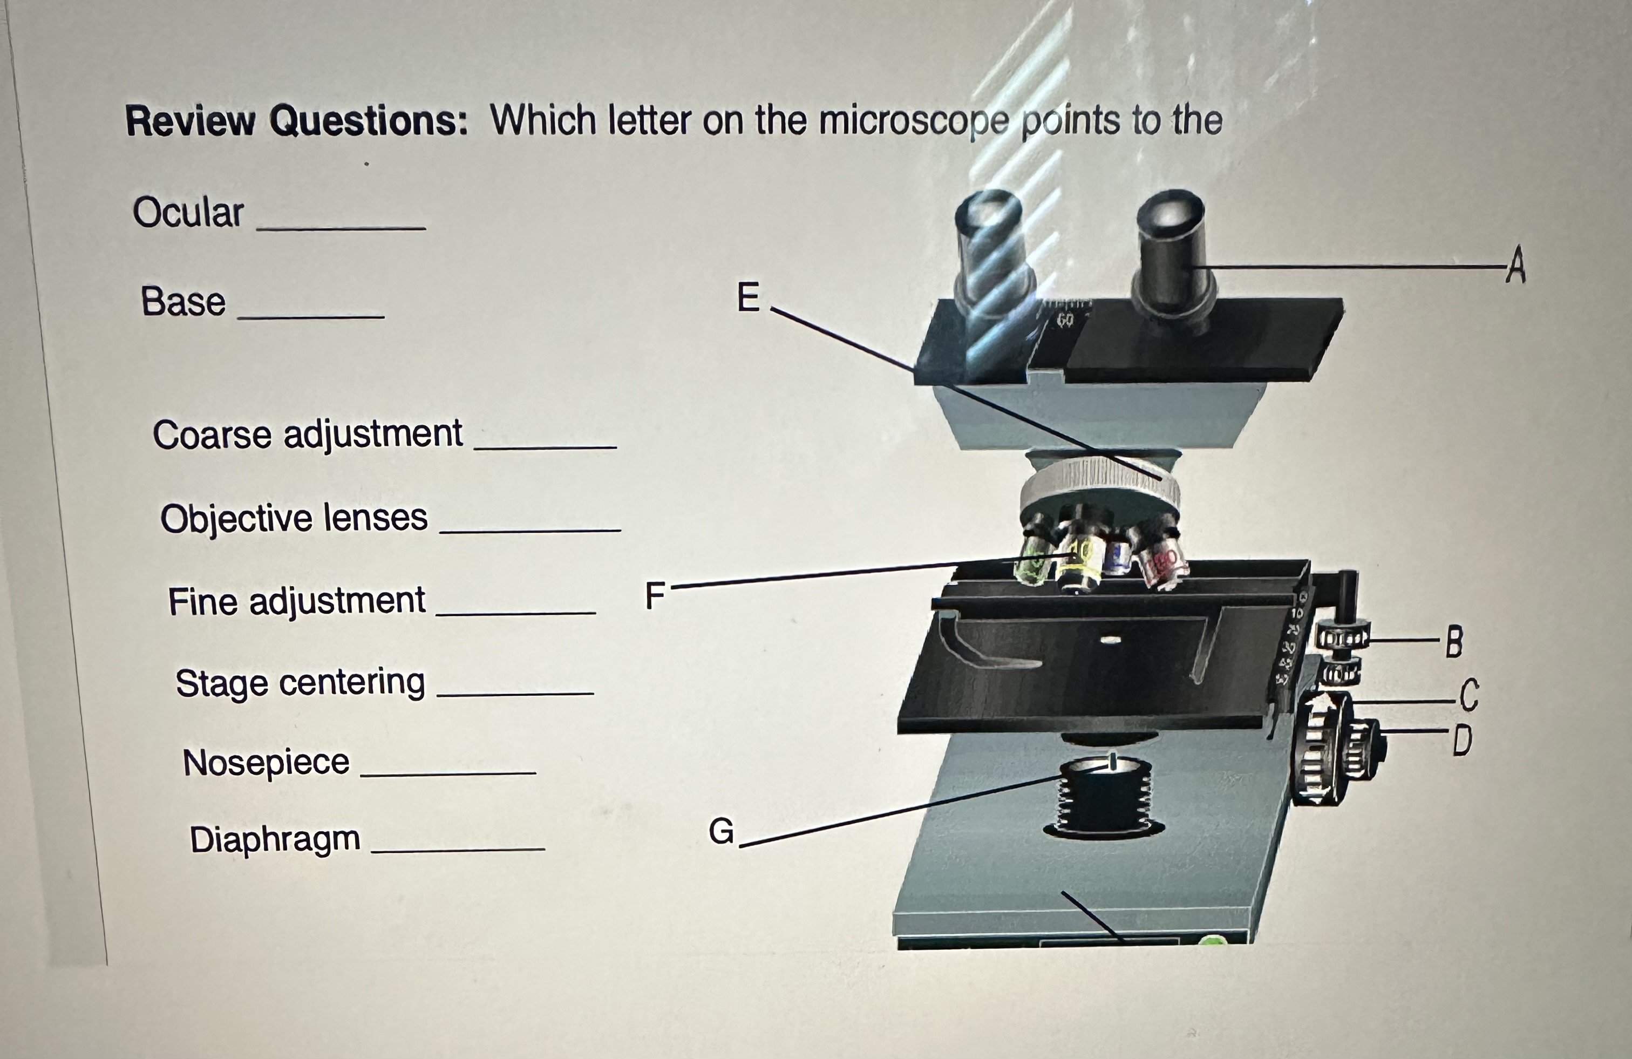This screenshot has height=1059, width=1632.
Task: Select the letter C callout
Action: tap(1468, 696)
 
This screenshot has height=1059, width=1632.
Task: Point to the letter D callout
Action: tap(1462, 740)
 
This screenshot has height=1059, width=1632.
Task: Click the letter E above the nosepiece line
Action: tap(748, 297)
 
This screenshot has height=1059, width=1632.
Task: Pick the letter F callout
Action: tap(655, 595)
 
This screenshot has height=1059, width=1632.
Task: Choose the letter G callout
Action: tap(720, 832)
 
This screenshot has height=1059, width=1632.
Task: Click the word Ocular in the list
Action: tap(188, 212)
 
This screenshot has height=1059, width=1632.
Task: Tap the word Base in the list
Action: tap(183, 302)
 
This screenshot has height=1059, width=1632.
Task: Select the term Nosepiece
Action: tap(266, 762)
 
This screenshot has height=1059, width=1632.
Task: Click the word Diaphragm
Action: tap(274, 839)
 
